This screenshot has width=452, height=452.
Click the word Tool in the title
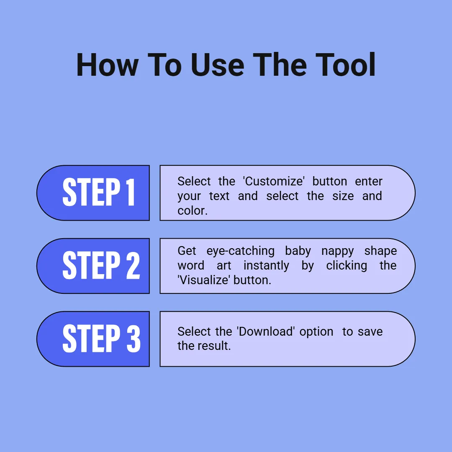point(345,65)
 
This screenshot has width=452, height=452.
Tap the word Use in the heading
point(217,65)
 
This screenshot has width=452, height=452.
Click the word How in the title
point(108,65)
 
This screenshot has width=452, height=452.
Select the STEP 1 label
point(99,192)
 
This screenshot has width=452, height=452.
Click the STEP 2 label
point(101,265)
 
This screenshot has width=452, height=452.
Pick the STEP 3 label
point(101,338)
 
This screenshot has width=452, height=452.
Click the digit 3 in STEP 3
point(134,338)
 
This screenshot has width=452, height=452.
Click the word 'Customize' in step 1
point(274,181)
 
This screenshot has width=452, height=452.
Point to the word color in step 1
point(192,211)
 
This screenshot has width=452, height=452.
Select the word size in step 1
point(343,196)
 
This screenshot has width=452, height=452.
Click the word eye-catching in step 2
point(240,251)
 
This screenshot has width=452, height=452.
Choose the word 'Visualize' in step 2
point(204,280)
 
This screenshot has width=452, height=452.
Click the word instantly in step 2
point(266,266)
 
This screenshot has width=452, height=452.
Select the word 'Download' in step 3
point(266,331)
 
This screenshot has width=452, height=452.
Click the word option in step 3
point(316,332)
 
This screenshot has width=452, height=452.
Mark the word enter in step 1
point(368,182)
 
